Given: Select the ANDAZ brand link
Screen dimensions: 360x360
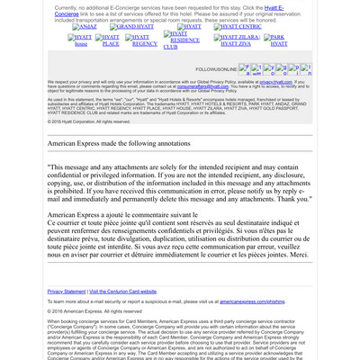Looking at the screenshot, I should (86, 27).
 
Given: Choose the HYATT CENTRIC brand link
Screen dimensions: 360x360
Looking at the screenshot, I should (238, 27).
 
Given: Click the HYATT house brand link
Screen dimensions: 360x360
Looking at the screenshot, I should (81, 40).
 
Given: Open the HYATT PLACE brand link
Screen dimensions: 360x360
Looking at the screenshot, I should (110, 40).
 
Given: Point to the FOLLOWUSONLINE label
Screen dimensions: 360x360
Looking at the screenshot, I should (216, 68).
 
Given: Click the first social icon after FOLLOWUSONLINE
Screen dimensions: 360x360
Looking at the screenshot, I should (244, 68).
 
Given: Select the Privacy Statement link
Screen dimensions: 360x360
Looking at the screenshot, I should (67, 292).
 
